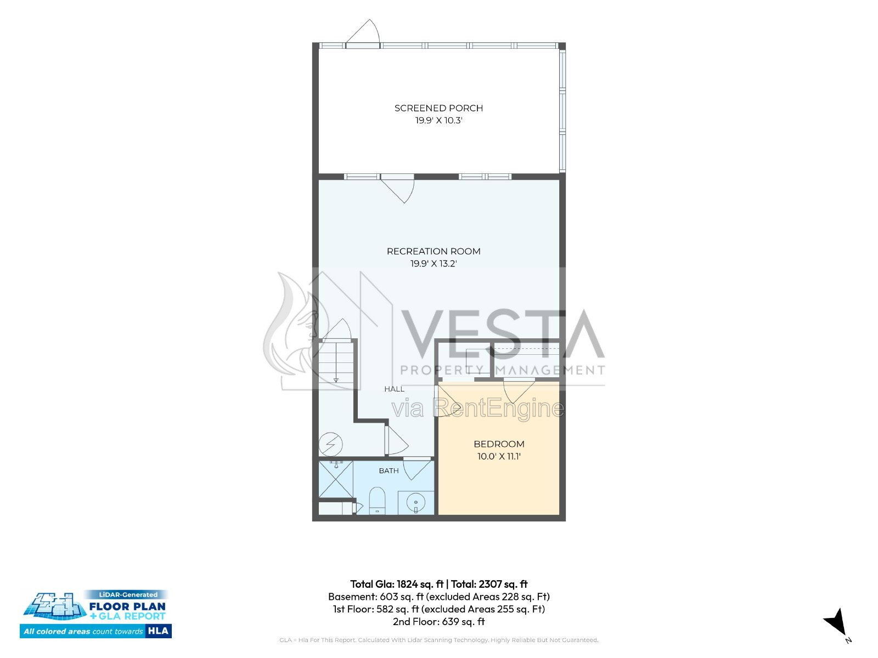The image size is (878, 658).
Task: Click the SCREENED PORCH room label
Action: (x=438, y=108)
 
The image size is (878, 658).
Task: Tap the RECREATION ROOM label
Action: (x=433, y=251)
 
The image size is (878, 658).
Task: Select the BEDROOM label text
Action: (x=499, y=444)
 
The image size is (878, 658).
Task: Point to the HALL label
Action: (x=394, y=389)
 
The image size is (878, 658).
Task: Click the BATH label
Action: (x=389, y=470)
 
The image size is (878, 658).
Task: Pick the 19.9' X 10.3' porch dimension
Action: (x=438, y=120)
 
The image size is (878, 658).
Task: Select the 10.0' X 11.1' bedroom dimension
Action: (x=499, y=456)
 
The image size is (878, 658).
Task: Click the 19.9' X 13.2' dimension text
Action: (x=433, y=264)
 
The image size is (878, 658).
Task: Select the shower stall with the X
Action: (x=336, y=480)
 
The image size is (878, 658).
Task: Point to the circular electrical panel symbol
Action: (x=331, y=444)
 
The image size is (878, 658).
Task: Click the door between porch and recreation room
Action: (x=397, y=189)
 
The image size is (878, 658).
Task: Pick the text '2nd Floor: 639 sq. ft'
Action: (x=438, y=622)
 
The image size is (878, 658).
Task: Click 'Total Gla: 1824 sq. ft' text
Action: (x=397, y=584)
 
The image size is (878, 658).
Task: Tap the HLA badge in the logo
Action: (x=159, y=631)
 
